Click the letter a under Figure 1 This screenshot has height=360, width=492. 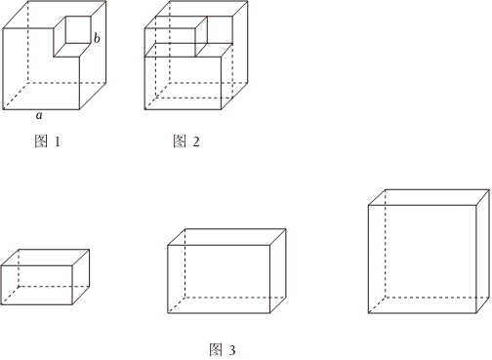pos(39,115)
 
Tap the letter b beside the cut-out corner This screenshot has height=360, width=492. pos(97,38)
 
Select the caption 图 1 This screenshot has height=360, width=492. pos(48,141)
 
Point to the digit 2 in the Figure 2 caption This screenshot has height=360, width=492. pos(196,141)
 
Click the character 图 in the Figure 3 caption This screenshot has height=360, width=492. pos(216,350)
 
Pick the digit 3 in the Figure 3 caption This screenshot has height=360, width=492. pos(232,350)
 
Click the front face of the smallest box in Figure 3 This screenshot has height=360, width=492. pos(36,285)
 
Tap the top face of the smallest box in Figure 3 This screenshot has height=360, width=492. pos(45,258)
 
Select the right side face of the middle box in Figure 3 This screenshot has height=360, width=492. pos(278,271)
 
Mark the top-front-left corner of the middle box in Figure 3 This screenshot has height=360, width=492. pos(168,245)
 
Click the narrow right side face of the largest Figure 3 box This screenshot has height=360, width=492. pos(483,252)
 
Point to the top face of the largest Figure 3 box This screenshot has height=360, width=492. pos(429,197)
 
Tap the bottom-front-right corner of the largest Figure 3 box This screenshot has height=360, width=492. pos(476,313)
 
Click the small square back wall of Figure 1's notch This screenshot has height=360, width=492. pos(78,29)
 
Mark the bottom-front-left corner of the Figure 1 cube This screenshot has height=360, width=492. pos(3,109)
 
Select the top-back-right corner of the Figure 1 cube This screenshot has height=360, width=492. pos(105,1)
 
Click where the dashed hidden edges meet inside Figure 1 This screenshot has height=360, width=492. pos(28,83)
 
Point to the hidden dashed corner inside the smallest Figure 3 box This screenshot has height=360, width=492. pos(19,287)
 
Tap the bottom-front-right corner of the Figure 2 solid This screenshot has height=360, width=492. pos(222,109)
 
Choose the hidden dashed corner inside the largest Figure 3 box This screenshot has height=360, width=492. pos(386,298)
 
